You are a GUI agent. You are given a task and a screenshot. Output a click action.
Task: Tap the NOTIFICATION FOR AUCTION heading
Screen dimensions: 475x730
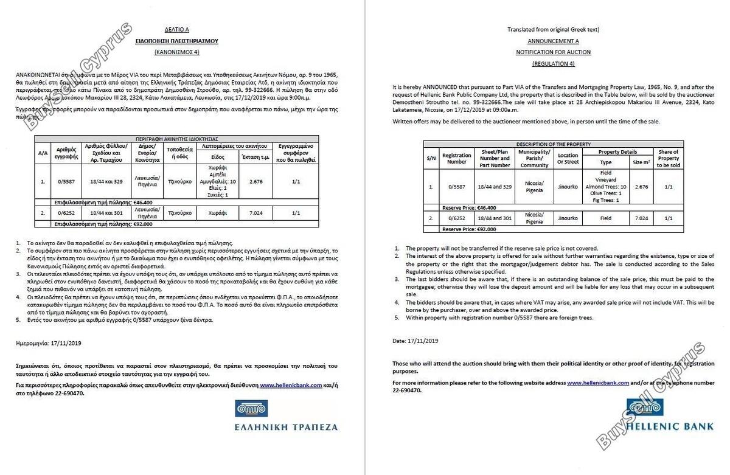553,53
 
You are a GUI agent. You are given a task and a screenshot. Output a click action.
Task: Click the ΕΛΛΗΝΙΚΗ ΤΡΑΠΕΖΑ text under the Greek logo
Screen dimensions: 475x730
286,427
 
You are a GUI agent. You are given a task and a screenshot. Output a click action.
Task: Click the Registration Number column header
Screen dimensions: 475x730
456,159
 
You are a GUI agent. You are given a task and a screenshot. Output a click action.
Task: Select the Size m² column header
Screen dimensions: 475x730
641,162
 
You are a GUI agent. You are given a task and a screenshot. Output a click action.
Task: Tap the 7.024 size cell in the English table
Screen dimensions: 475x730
641,218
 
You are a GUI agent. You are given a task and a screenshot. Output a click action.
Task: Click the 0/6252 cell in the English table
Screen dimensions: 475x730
456,218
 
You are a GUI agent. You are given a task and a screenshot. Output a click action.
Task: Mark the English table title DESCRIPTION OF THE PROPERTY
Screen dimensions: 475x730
553,144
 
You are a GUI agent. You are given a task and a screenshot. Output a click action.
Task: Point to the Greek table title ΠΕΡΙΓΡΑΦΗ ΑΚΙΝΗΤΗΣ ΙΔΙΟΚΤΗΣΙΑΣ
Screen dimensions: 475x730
178,139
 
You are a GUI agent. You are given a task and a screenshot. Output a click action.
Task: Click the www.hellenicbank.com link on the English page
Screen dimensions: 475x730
597,383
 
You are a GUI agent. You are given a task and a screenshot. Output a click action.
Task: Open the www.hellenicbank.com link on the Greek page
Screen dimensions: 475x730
290,386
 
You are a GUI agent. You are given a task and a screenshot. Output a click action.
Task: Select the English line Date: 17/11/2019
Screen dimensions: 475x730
415,341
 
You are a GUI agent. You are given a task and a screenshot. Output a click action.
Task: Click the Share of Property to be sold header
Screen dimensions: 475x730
669,159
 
